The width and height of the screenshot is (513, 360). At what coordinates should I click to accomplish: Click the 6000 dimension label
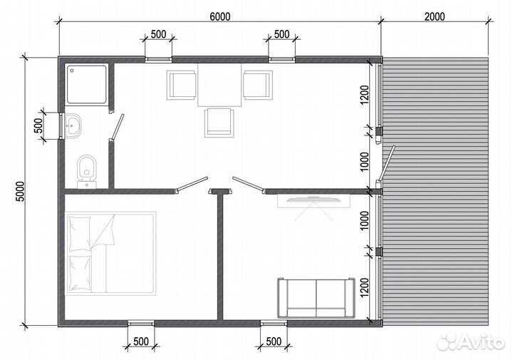tap(220, 16)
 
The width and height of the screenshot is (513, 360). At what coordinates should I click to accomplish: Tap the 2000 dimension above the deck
tap(435, 16)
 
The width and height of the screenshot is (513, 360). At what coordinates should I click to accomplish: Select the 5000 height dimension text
tap(20, 192)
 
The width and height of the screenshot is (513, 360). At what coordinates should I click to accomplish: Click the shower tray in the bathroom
tap(87, 84)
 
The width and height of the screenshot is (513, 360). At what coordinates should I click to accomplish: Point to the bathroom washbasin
tap(73, 125)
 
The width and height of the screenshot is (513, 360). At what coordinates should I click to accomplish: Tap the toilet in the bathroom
tap(87, 171)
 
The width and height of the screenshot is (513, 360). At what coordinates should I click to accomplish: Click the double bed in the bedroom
tap(110, 254)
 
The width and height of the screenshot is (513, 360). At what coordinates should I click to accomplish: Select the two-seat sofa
tap(316, 297)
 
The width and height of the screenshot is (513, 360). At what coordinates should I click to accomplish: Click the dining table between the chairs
tap(219, 85)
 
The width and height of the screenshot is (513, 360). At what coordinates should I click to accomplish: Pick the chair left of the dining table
tap(181, 85)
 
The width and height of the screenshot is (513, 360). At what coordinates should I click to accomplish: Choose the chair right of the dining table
tap(258, 85)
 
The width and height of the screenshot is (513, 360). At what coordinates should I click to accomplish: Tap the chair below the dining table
tap(219, 123)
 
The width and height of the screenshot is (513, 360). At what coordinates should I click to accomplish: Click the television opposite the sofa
tap(313, 200)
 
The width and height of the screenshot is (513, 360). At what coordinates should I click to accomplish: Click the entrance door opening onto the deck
tap(387, 164)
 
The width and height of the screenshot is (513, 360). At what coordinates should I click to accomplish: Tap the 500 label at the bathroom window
tap(38, 125)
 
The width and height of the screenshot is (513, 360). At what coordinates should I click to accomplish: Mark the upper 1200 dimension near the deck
tap(364, 95)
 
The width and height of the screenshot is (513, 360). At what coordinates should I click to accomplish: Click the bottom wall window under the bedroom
tap(140, 324)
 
